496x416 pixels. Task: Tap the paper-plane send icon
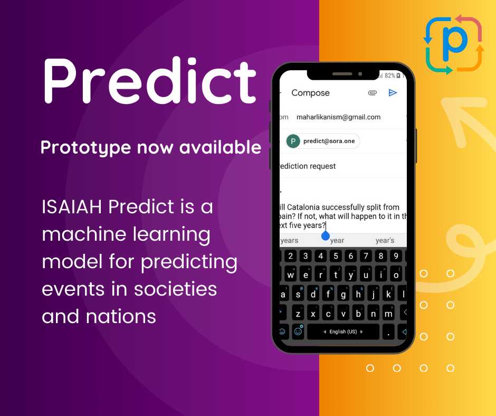[x=393, y=93]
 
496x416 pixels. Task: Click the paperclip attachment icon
[x=373, y=93]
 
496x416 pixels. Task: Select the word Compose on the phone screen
[x=310, y=93]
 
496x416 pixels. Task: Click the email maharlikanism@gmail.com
[x=338, y=117]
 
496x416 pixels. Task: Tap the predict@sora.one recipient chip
[x=323, y=141]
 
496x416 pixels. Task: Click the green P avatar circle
[x=293, y=141]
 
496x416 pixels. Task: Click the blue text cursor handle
[x=326, y=235]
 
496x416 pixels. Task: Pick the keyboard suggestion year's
[x=385, y=241]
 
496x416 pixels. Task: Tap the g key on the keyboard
[x=344, y=294]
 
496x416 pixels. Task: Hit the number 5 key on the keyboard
[x=336, y=257]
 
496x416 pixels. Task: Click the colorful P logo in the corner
[x=453, y=45]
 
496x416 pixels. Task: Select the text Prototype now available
[x=150, y=148]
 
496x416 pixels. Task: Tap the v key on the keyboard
[x=344, y=313]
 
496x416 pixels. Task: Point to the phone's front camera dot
[x=360, y=74]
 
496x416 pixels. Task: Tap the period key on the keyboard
[x=388, y=332]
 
